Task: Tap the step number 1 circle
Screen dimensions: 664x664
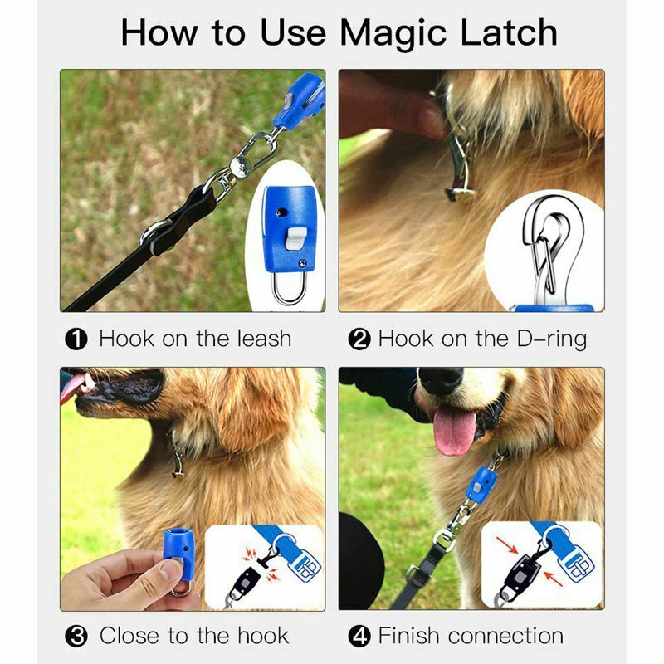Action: pos(76,339)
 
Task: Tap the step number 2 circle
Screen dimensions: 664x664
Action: pos(359,339)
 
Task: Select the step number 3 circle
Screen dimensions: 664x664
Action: pos(76,637)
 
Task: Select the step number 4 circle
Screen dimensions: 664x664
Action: pos(359,637)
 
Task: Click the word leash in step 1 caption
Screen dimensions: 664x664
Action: pos(260,339)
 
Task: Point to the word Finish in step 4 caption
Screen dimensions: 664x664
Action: pos(413,637)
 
